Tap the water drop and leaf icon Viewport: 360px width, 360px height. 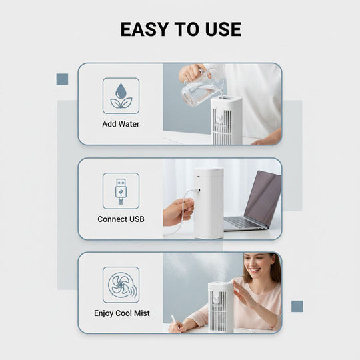(121, 95)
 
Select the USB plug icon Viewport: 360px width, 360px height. (121, 191)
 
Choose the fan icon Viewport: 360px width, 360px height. (121, 285)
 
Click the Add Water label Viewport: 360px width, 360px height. (121, 124)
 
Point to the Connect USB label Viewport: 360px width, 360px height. (121, 219)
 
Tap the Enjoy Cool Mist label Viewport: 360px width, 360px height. (121, 313)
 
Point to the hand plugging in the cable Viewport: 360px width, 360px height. (177, 211)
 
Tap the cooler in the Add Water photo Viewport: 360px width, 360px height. (226, 120)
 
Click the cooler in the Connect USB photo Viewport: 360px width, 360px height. (209, 202)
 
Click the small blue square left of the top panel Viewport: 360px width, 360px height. (62, 79)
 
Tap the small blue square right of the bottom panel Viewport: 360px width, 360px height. (297, 306)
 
